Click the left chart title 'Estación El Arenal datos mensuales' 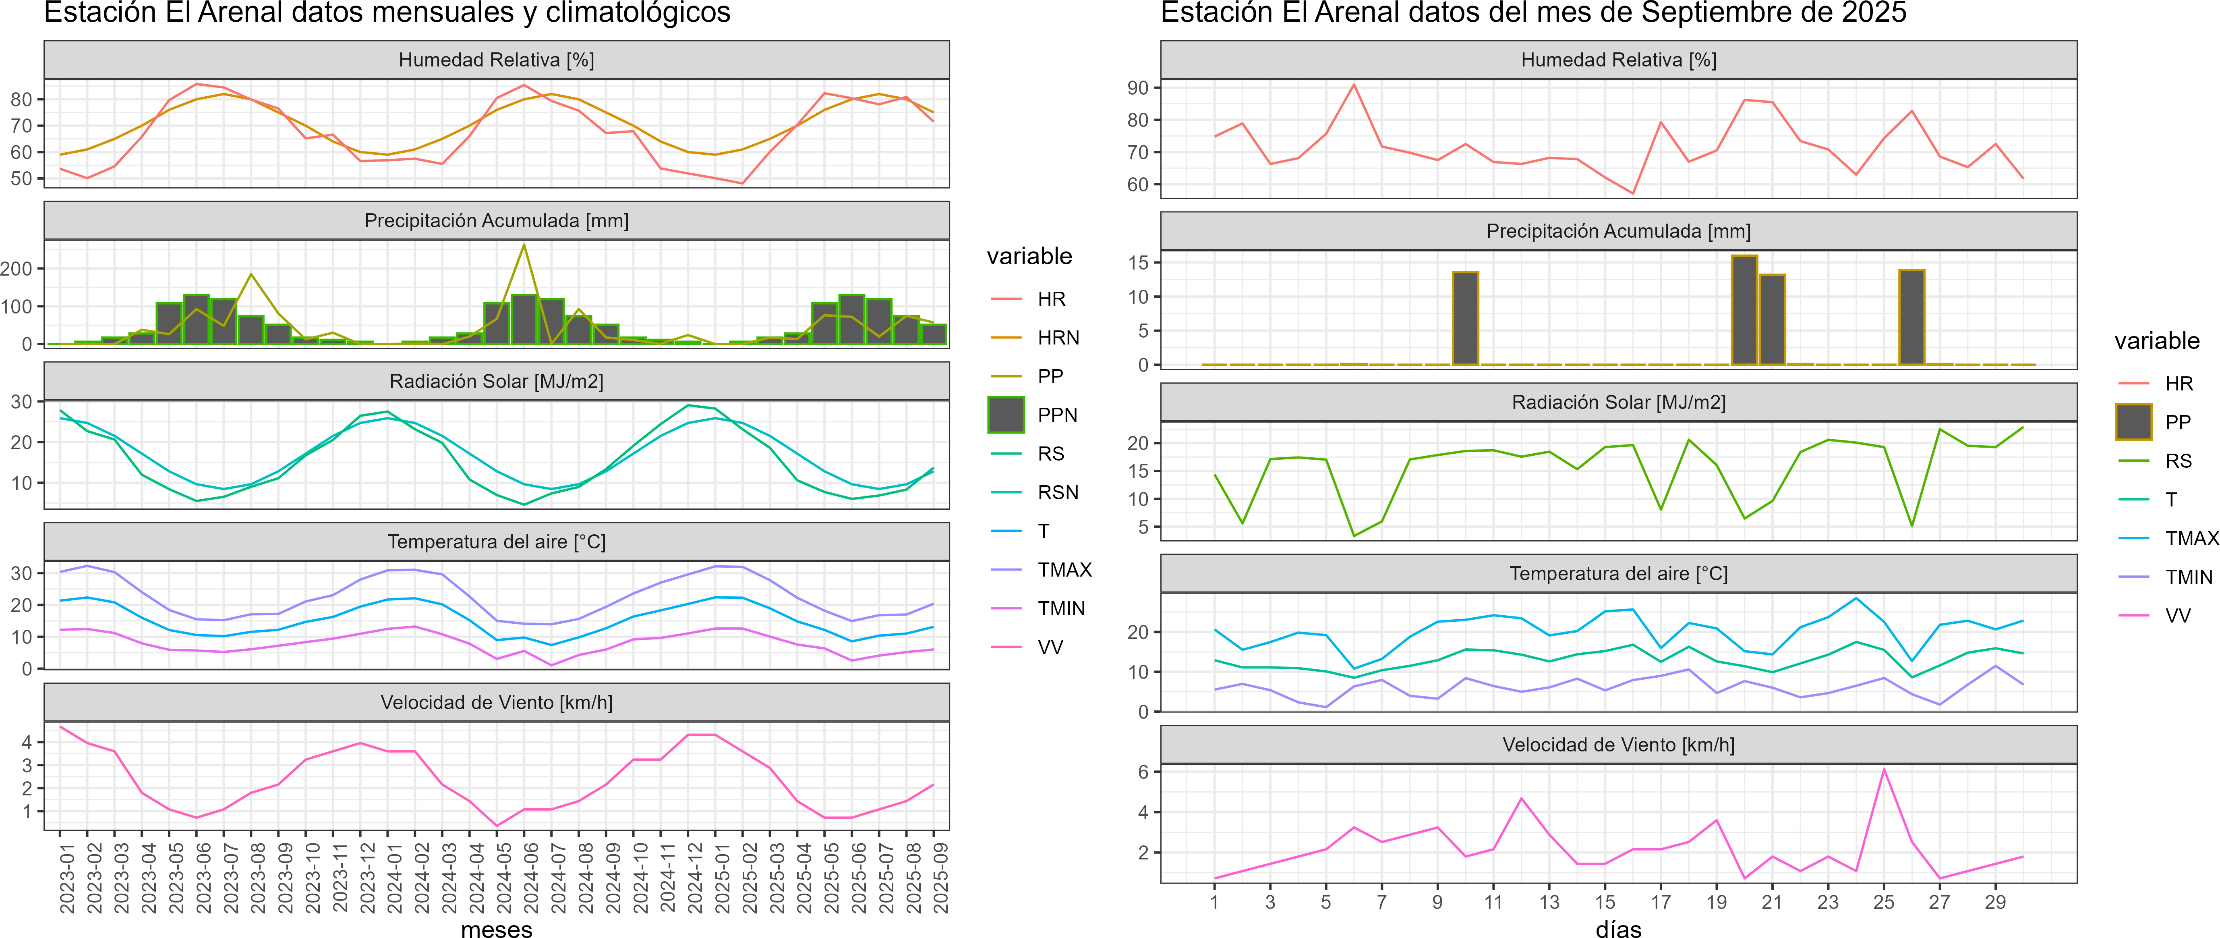(387, 13)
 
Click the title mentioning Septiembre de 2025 (1533, 13)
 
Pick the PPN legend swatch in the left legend (1006, 415)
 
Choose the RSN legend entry (1057, 492)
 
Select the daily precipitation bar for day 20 (1744, 309)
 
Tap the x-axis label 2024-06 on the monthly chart (531, 878)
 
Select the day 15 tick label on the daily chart (1605, 902)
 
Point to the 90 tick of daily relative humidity (1137, 88)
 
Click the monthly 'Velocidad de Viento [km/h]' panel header (496, 703)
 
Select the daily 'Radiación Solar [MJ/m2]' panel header (1618, 403)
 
